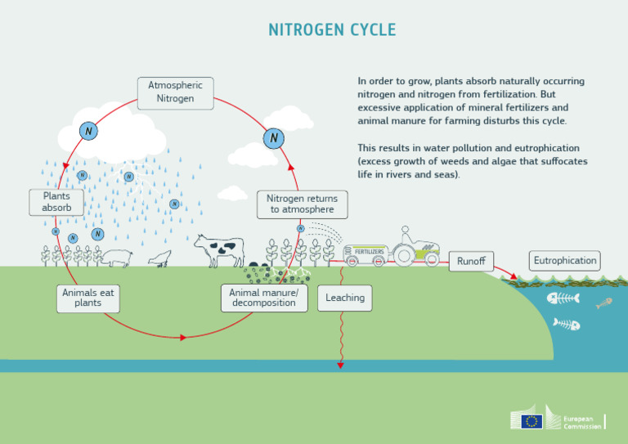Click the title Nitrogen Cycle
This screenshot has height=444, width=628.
tap(332, 30)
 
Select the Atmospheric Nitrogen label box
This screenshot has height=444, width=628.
tap(176, 92)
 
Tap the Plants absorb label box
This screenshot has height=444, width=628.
tap(56, 202)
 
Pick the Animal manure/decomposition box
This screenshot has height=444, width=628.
tap(263, 298)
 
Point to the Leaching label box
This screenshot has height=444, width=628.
tap(345, 298)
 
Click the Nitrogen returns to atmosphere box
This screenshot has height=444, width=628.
tap(302, 204)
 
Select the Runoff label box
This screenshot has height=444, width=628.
tap(471, 262)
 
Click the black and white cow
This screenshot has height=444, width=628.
tap(219, 249)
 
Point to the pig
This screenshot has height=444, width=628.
tap(117, 258)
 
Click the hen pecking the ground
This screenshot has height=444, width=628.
tap(161, 258)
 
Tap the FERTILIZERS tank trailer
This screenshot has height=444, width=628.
tap(365, 253)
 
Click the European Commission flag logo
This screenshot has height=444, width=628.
tap(532, 421)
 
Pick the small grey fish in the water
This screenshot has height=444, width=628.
tap(604, 303)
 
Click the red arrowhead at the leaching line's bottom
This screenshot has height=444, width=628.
tap(340, 366)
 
